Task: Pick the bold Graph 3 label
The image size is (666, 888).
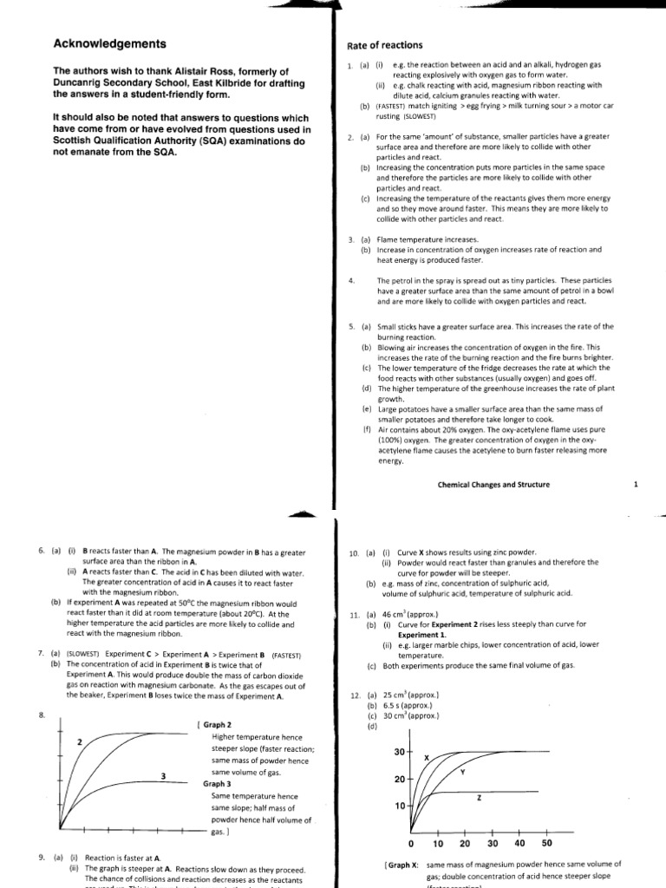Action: pos(219,783)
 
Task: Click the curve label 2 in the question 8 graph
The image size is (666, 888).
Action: pos(79,742)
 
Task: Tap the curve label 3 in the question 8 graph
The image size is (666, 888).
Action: pos(162,776)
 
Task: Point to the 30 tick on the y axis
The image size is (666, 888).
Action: pos(400,751)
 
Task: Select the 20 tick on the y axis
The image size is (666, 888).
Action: pos(400,780)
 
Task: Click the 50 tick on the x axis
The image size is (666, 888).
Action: pos(546,843)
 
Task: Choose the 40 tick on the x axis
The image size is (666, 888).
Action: pos(519,843)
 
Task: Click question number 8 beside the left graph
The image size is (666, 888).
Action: pos(42,715)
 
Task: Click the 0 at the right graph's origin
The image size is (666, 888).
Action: pos(411,843)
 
